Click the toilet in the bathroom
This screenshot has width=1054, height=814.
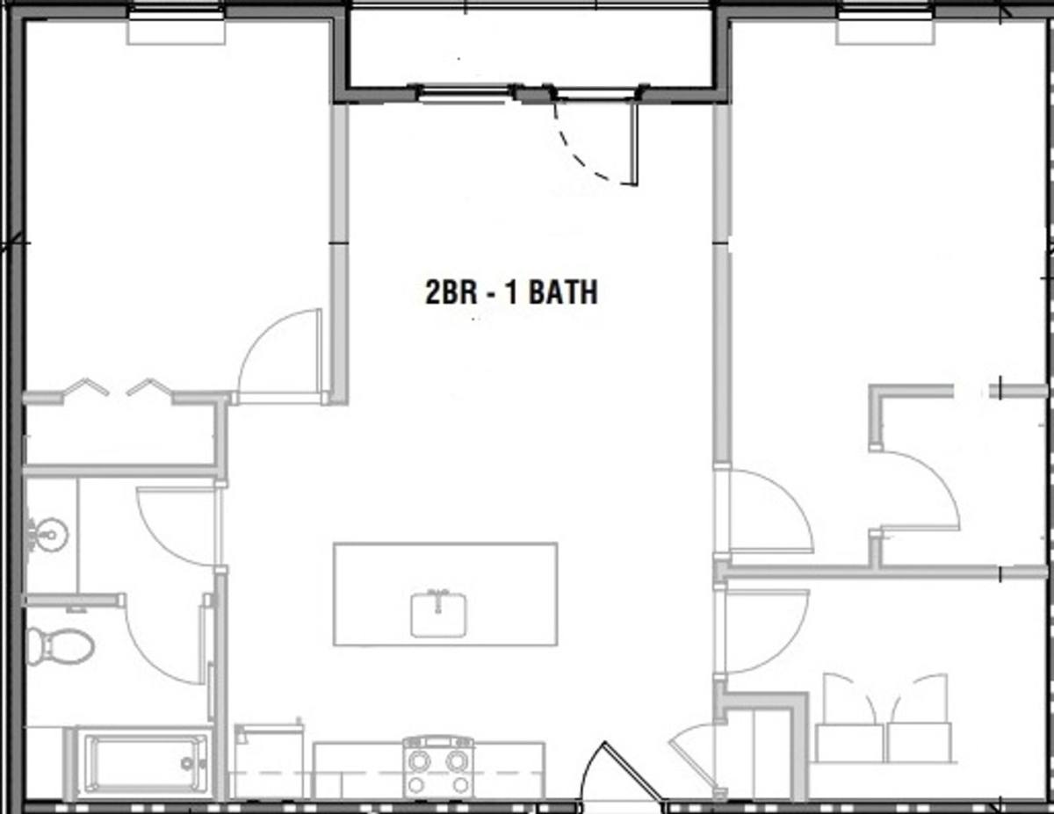pyautogui.click(x=59, y=646)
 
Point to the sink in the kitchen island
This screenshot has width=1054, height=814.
pyautogui.click(x=438, y=615)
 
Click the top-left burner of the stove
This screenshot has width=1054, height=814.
pyautogui.click(x=418, y=761)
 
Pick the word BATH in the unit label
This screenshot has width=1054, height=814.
pyautogui.click(x=563, y=292)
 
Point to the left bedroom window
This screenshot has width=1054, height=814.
pyautogui.click(x=177, y=12)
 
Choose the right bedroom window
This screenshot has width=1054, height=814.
pyautogui.click(x=885, y=12)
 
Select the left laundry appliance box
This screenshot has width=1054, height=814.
pyautogui.click(x=849, y=742)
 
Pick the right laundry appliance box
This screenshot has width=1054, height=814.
pyautogui.click(x=919, y=742)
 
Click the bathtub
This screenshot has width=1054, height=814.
pyautogui.click(x=146, y=764)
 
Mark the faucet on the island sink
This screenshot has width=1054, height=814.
pyautogui.click(x=438, y=599)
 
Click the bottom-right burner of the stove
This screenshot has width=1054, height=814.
pyautogui.click(x=460, y=784)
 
